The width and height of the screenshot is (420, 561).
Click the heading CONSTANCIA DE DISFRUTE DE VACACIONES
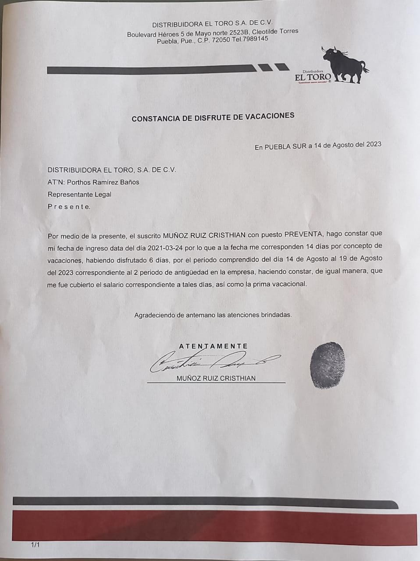point(213,117)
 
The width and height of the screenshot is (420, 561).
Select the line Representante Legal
point(79,194)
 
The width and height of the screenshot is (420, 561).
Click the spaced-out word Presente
point(69,206)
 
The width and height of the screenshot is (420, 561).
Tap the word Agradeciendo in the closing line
point(153,315)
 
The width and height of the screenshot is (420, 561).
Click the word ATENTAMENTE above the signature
point(214,346)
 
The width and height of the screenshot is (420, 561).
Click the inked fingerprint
point(327,365)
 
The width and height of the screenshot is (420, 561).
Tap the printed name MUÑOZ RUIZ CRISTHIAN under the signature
point(216,378)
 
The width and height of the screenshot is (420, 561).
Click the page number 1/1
point(35,545)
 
